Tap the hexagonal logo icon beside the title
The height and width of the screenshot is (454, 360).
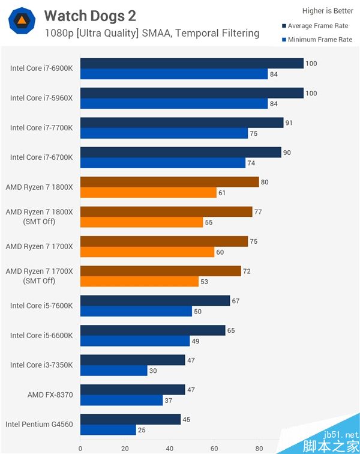(22, 22)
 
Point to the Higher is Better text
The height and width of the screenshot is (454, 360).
(328, 10)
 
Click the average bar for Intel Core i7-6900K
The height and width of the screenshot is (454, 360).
(191, 64)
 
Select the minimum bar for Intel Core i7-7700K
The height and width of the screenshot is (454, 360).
(164, 133)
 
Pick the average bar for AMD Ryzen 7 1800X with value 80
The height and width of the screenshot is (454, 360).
(169, 182)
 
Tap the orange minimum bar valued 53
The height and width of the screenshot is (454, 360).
(139, 282)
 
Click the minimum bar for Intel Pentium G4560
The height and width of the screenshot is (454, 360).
(108, 430)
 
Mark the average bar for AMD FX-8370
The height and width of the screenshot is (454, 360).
(133, 390)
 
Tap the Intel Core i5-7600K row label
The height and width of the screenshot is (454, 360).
(41, 306)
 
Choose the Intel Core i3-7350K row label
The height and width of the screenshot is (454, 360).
(41, 365)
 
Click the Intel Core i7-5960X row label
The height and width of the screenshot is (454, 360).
(41, 98)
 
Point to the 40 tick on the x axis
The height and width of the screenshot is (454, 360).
(170, 448)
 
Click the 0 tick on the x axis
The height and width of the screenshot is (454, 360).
(80, 448)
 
